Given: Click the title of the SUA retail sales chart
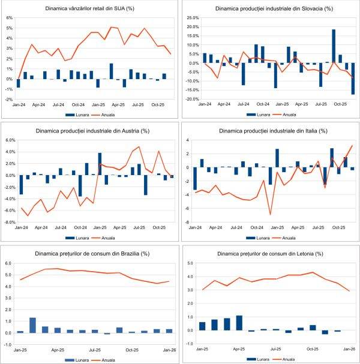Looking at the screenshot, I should point(89,9).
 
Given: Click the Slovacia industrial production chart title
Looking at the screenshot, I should point(270,9).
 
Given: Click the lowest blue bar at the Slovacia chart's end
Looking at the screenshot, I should point(353,79).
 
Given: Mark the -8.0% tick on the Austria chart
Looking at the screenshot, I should point(10,222).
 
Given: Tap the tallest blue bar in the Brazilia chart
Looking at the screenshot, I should point(33,325).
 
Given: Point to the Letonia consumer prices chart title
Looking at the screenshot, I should point(269,253).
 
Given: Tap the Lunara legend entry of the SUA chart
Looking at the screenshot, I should point(73,113).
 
